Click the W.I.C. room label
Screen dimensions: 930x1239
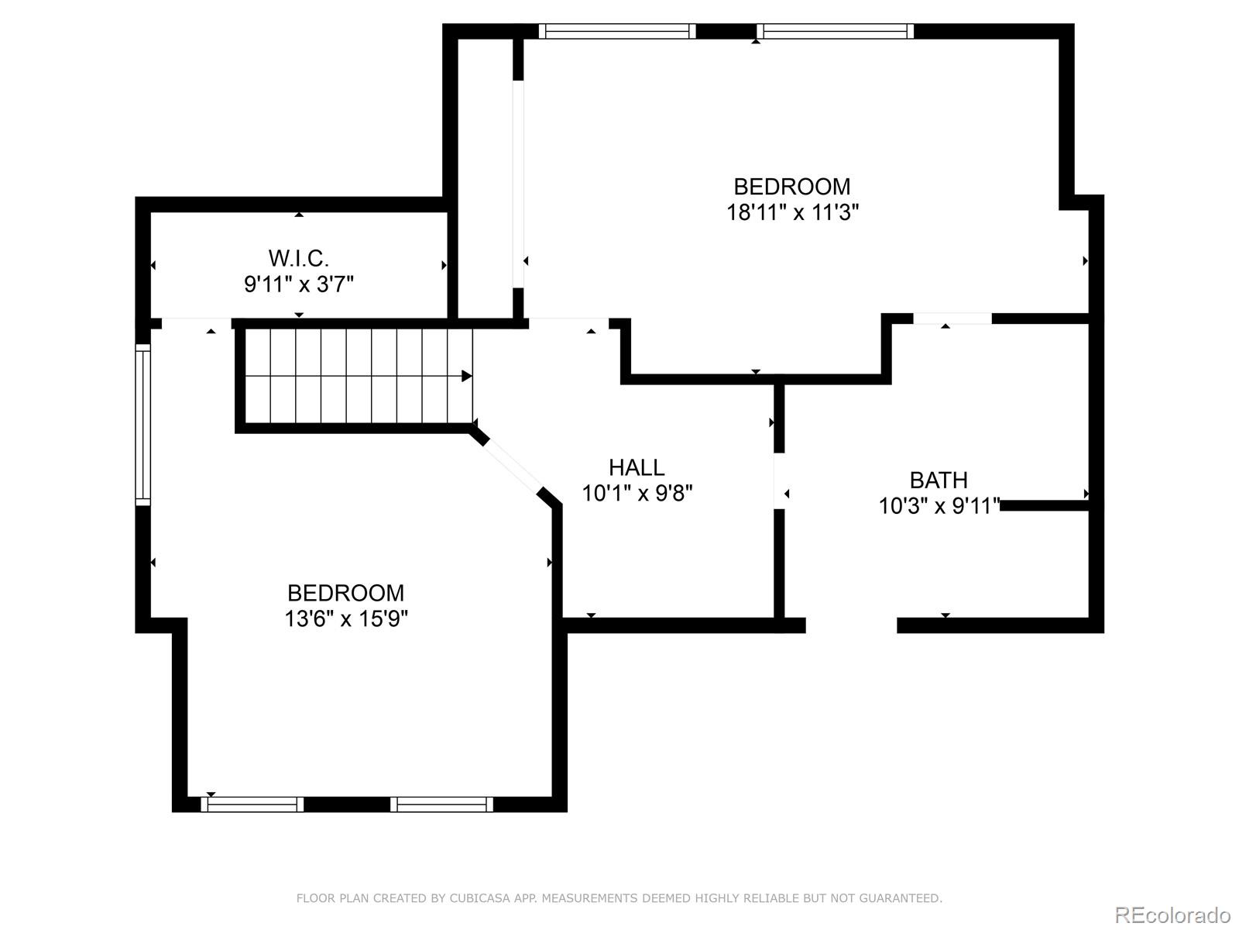pos(299,258)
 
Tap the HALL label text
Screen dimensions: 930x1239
pos(637,467)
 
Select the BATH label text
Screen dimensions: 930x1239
pos(939,480)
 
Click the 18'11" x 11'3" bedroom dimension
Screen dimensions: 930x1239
pos(792,212)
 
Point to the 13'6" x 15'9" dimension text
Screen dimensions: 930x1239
pos(346,618)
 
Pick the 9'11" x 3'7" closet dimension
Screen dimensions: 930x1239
pos(299,284)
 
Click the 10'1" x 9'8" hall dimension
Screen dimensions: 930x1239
pos(637,493)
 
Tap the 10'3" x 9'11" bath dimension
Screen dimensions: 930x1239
pos(939,506)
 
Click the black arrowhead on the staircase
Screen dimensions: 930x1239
pos(467,376)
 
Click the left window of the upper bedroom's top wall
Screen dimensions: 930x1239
pos(616,32)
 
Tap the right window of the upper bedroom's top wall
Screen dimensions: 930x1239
pos(835,32)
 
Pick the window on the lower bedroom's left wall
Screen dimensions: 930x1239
pos(143,425)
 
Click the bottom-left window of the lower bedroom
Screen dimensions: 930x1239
pos(252,804)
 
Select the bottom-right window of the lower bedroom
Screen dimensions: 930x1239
pos(441,804)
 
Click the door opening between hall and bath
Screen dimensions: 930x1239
pos(779,481)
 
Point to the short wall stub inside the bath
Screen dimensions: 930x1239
pos(1045,505)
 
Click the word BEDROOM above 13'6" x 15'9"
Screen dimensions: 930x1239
pos(346,593)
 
